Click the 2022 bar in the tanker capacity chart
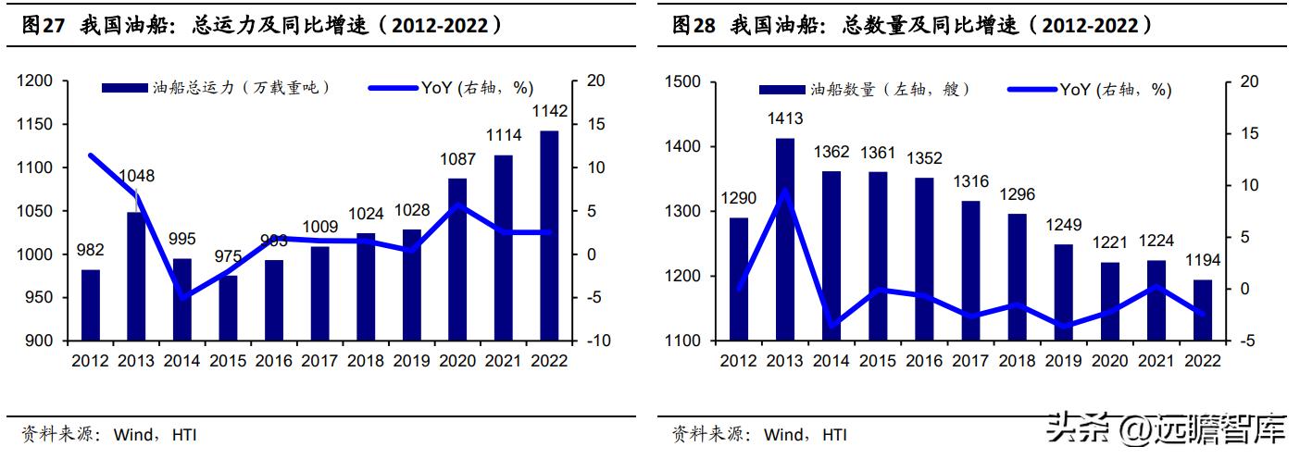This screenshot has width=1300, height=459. pyautogui.click(x=549, y=236)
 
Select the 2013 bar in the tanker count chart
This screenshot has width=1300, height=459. pyautogui.click(x=784, y=240)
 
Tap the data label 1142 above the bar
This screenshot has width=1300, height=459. pyautogui.click(x=549, y=112)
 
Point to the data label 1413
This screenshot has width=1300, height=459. pyautogui.click(x=784, y=118)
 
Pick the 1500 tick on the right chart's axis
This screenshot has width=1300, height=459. pyautogui.click(x=684, y=82)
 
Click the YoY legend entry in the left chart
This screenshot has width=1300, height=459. pyautogui.click(x=451, y=88)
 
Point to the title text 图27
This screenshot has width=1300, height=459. pyautogui.click(x=43, y=26)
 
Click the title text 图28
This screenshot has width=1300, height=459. pyautogui.click(x=694, y=26)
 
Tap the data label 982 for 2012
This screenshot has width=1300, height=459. pyautogui.click(x=90, y=250)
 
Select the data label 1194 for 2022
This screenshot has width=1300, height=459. pyautogui.click(x=1202, y=260)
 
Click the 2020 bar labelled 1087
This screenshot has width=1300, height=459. pyautogui.click(x=457, y=259)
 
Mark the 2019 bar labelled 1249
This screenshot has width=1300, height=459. pyautogui.click(x=1064, y=292)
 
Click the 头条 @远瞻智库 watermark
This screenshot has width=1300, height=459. pyautogui.click(x=1167, y=428)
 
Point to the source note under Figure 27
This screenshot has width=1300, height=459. pyautogui.click(x=109, y=434)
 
